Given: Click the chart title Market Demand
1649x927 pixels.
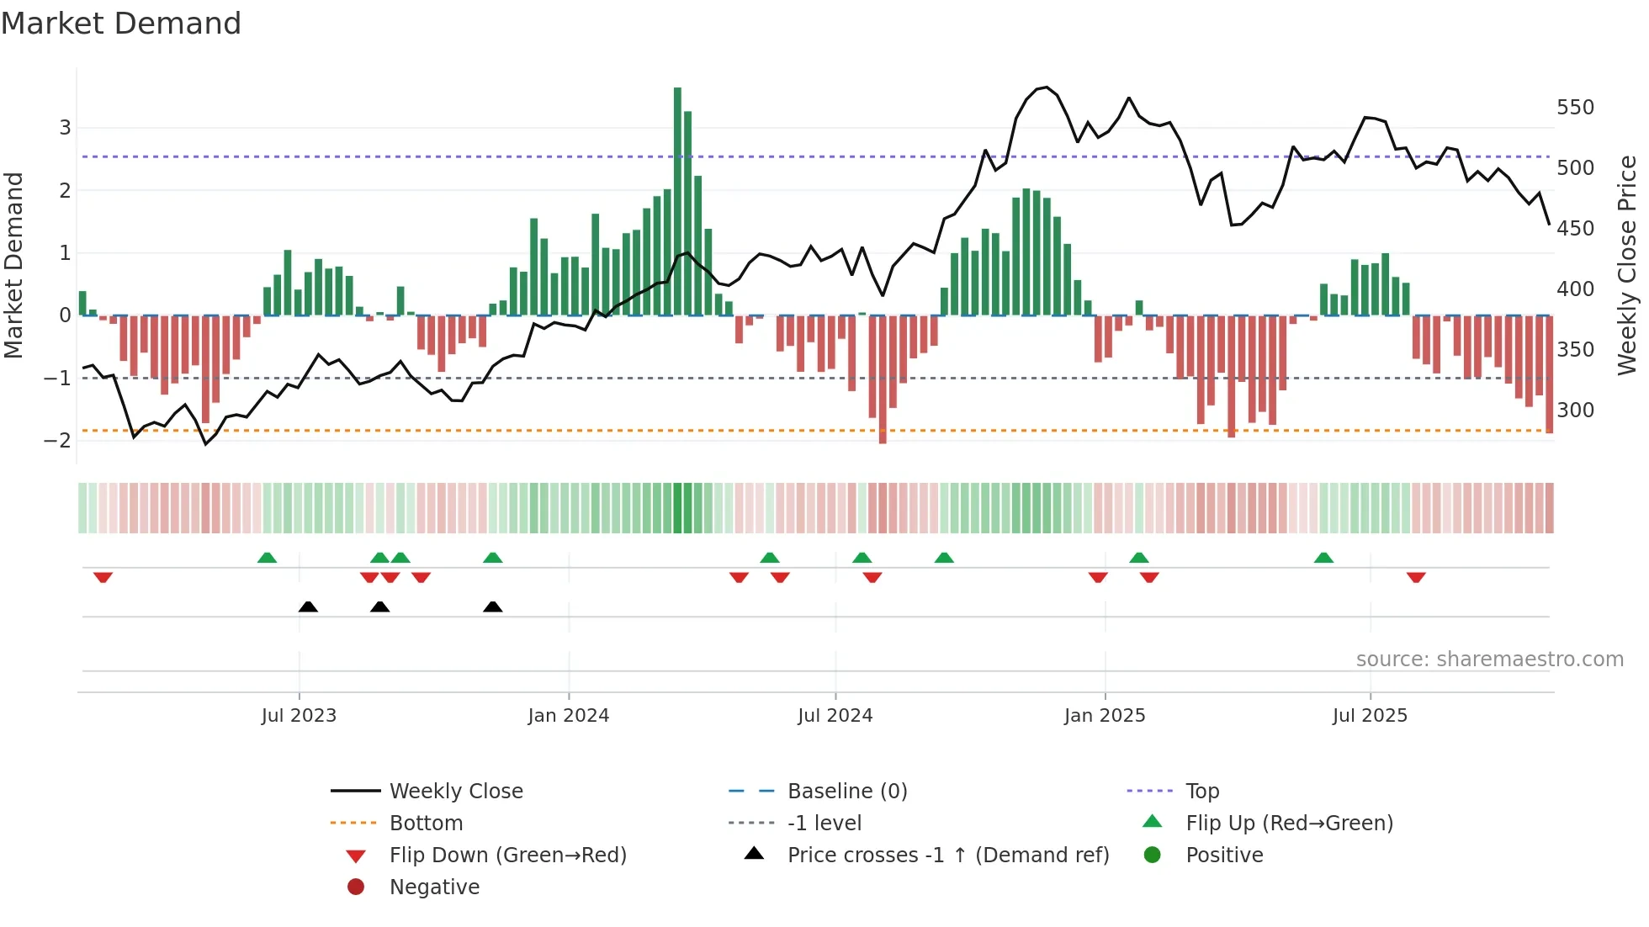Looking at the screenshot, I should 121,24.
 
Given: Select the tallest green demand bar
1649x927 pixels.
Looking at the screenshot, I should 677,202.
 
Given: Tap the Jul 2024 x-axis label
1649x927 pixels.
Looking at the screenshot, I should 835,716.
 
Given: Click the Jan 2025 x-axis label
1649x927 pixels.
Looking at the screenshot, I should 1104,716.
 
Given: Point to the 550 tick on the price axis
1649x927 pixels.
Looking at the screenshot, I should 1575,108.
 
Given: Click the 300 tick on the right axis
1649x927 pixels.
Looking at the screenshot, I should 1575,411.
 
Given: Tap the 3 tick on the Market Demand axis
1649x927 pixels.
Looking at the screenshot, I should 65,128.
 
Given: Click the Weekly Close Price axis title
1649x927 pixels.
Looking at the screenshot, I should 1627,265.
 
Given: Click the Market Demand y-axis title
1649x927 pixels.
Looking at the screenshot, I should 13,265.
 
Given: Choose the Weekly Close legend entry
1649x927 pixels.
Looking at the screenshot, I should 455,792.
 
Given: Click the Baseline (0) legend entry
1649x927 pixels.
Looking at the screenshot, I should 846,792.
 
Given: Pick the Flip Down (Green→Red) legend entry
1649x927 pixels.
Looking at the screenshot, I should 507,855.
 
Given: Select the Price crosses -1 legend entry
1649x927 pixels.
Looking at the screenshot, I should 947,855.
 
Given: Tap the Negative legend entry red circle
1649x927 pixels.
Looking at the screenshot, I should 356,887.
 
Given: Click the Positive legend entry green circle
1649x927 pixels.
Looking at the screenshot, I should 1153,855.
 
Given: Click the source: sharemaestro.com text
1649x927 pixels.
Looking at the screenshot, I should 1489,659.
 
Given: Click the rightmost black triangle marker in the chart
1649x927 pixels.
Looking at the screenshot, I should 493,607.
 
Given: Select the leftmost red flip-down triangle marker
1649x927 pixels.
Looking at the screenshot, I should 103,577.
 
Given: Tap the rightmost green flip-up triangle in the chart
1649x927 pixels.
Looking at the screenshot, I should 1323,558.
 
